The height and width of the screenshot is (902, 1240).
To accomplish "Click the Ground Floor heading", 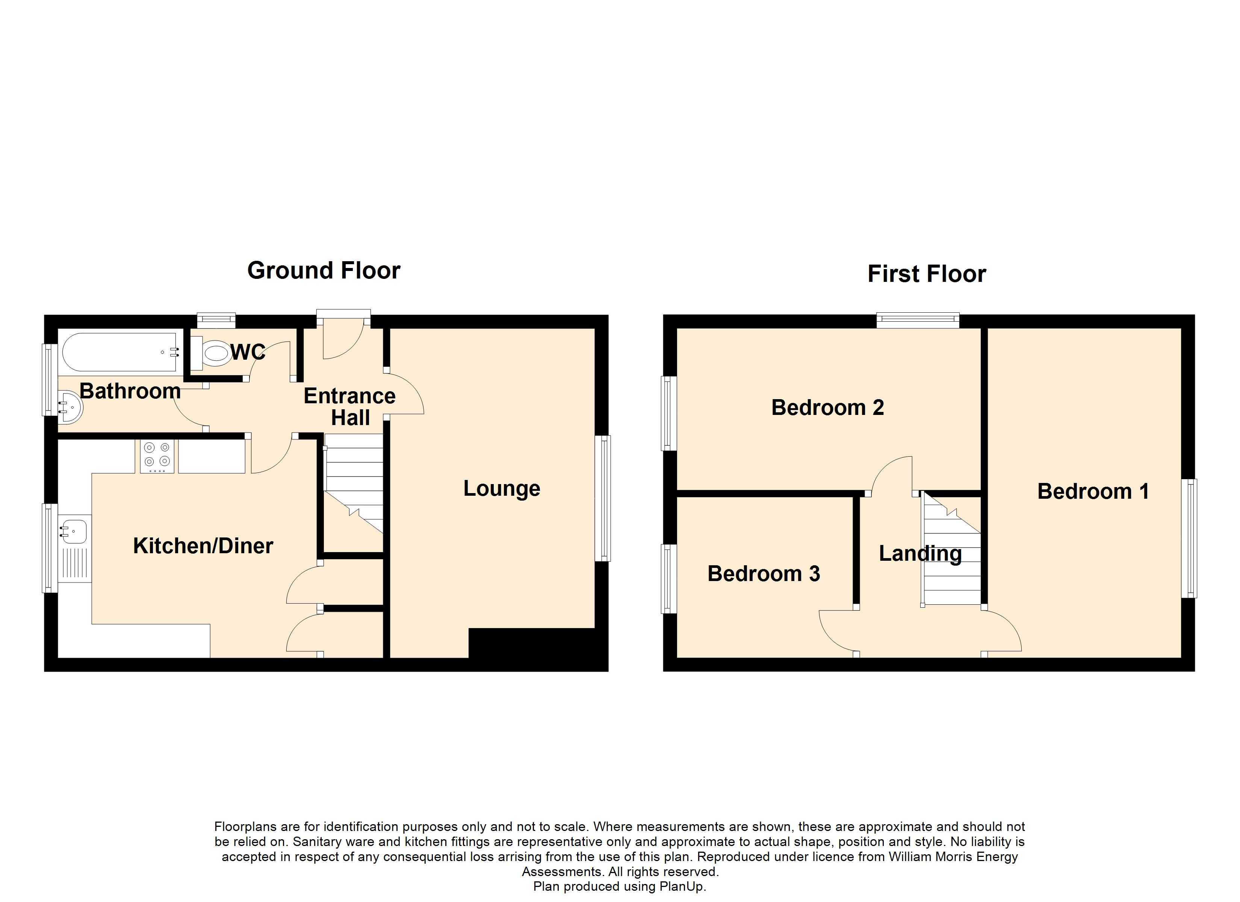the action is pyautogui.click(x=324, y=271).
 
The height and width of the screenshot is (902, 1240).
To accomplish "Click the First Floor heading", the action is pyautogui.click(x=927, y=274).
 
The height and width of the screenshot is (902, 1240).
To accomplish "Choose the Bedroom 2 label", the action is pyautogui.click(x=827, y=407).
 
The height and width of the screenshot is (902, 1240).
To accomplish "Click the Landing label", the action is pyautogui.click(x=920, y=554).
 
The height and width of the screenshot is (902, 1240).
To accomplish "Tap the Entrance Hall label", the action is pyautogui.click(x=350, y=406).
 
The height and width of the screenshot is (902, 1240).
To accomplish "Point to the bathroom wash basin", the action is pyautogui.click(x=70, y=406).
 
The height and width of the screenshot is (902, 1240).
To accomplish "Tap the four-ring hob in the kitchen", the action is pyautogui.click(x=157, y=456).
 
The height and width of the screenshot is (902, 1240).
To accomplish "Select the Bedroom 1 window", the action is pyautogui.click(x=1189, y=538).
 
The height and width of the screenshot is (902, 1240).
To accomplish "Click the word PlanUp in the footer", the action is pyautogui.click(x=683, y=886).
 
